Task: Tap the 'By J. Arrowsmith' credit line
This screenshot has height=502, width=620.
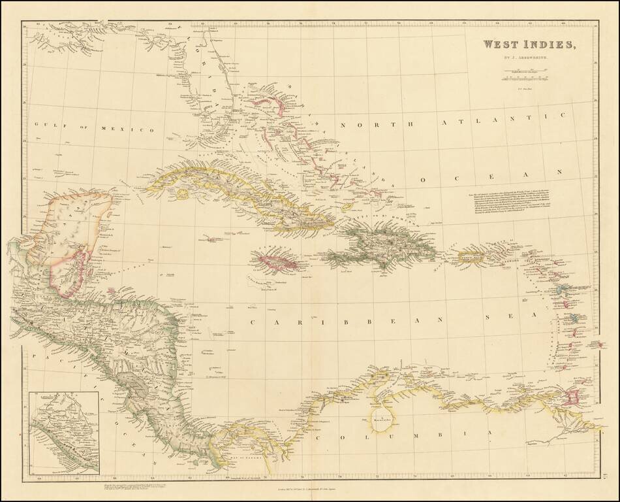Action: [x=529, y=58]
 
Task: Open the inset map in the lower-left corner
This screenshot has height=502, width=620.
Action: [x=64, y=432]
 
